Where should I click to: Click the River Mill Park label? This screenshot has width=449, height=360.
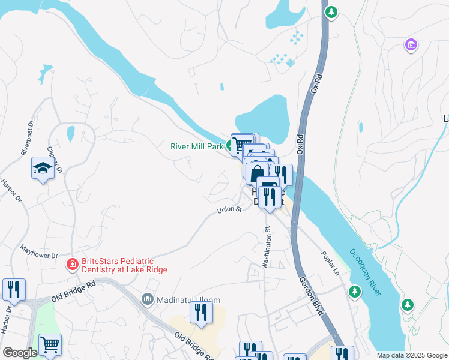197,146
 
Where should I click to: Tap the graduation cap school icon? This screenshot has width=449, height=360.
43,169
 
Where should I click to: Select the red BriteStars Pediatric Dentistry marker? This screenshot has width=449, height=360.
72,263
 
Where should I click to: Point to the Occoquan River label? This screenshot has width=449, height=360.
365,271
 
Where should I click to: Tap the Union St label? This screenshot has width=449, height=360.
229,210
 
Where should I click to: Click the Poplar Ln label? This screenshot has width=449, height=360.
331,262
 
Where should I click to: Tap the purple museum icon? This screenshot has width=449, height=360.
411,45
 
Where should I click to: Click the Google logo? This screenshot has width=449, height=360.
20,353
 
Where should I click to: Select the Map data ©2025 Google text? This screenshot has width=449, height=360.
412,355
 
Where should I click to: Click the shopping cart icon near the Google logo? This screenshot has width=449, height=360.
50,344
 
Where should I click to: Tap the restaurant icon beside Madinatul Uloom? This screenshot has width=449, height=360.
201,312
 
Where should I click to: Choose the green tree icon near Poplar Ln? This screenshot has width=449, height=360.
355,292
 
